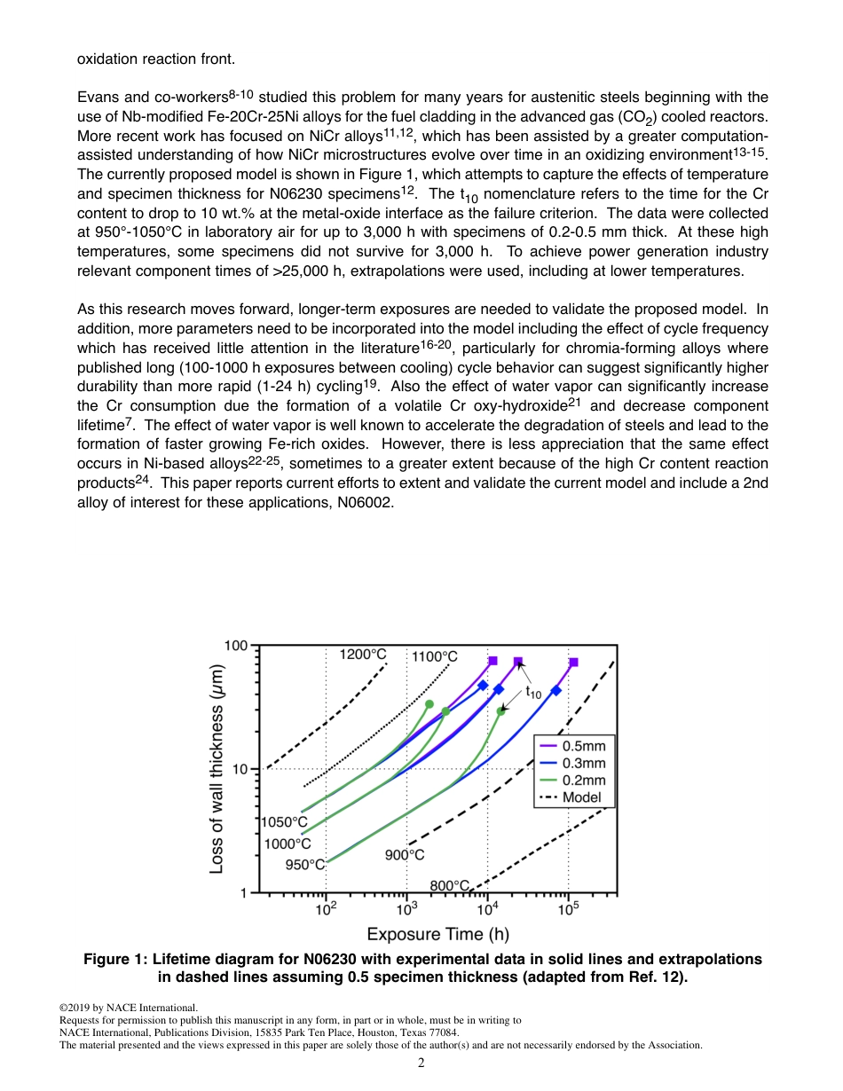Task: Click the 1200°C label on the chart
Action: click(364, 655)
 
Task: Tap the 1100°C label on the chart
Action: click(435, 657)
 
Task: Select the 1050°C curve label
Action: click(284, 822)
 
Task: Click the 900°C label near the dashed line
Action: click(404, 855)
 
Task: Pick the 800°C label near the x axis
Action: click(449, 885)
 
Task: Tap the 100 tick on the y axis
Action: click(235, 646)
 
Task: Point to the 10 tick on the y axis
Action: click(240, 769)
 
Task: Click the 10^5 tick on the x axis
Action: click(568, 908)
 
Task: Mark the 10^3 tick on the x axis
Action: click(406, 908)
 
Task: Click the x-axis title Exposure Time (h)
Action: click(437, 933)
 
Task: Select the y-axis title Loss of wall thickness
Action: click(217, 768)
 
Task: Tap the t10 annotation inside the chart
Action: click(532, 692)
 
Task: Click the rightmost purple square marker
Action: click(574, 663)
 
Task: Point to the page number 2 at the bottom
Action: click(421, 1063)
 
